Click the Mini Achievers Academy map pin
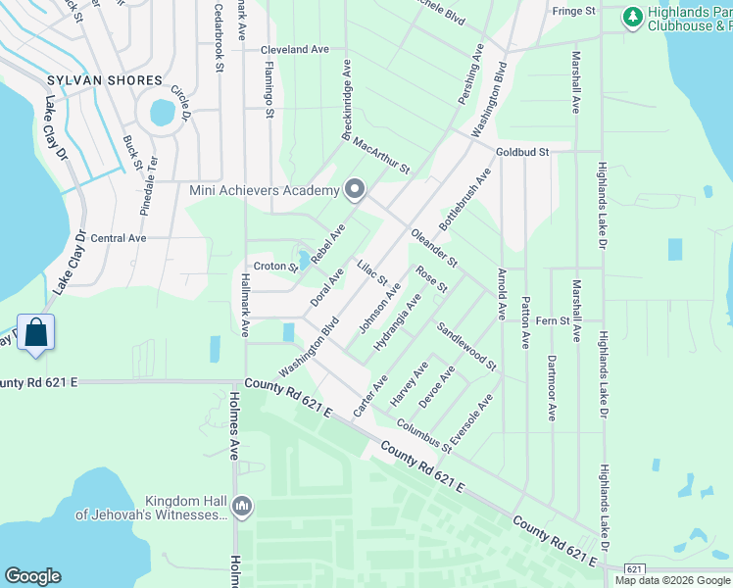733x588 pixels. pyautogui.click(x=355, y=189)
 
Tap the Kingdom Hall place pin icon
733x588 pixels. pyautogui.click(x=242, y=506)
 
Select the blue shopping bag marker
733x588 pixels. pyautogui.click(x=35, y=333)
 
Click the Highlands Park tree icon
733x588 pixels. pyautogui.click(x=632, y=16)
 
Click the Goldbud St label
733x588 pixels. pyautogui.click(x=522, y=153)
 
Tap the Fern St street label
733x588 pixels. pyautogui.click(x=560, y=319)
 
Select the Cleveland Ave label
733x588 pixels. pyautogui.click(x=295, y=49)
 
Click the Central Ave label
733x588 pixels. pyautogui.click(x=118, y=238)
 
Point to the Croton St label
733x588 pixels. pyautogui.click(x=275, y=266)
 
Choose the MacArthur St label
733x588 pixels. pyautogui.click(x=381, y=157)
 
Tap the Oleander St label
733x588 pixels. pyautogui.click(x=434, y=248)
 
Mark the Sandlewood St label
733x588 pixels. pyautogui.click(x=467, y=347)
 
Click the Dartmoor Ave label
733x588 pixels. pyautogui.click(x=552, y=388)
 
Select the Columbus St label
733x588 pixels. pyautogui.click(x=423, y=436)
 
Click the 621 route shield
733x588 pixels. pyautogui.click(x=634, y=569)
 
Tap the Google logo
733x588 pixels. pyautogui.click(x=32, y=576)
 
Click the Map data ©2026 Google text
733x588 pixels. pyautogui.click(x=671, y=580)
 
